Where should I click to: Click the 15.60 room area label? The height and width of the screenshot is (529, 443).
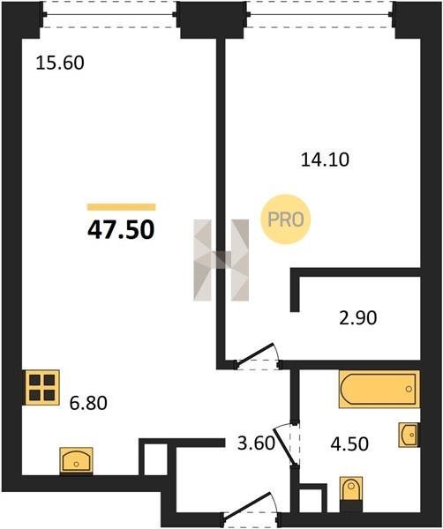pyautogui.click(x=60, y=63)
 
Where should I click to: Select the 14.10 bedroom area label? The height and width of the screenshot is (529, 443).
pyautogui.click(x=325, y=160)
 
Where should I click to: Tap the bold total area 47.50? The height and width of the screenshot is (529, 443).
pyautogui.click(x=121, y=230)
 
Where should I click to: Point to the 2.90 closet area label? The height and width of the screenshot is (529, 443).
pyautogui.click(x=358, y=317)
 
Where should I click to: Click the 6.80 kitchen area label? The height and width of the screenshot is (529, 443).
pyautogui.click(x=88, y=403)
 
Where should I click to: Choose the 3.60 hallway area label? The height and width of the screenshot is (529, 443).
pyautogui.click(x=256, y=443)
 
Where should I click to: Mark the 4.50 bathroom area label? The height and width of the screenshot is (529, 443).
pyautogui.click(x=349, y=444)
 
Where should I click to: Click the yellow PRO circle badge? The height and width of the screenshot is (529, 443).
pyautogui.click(x=286, y=220)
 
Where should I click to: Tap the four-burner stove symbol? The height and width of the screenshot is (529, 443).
pyautogui.click(x=41, y=387)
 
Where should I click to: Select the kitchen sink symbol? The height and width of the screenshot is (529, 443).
pyautogui.click(x=76, y=460)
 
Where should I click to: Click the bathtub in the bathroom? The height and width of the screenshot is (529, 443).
pyautogui.click(x=379, y=389)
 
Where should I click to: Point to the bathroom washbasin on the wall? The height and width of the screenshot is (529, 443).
pyautogui.click(x=409, y=435)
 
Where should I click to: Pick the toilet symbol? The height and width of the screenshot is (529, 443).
pyautogui.click(x=351, y=493)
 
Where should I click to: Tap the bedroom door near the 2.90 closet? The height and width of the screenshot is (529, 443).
pyautogui.click(x=258, y=357)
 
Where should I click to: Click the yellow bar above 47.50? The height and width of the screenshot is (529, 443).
pyautogui.click(x=121, y=207)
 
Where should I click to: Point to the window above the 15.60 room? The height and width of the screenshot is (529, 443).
pyautogui.click(x=109, y=14)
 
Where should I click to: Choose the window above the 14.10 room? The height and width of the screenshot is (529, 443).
pyautogui.click(x=320, y=14)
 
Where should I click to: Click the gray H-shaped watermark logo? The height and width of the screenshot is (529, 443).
pyautogui.click(x=221, y=260)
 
